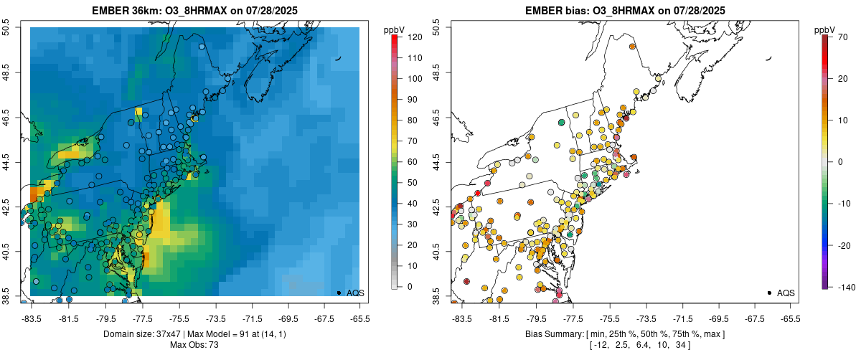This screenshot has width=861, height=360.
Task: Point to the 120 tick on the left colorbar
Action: (414, 37)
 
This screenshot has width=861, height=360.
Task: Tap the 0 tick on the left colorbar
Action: (410, 287)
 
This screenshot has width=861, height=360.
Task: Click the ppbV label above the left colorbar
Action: (394, 29)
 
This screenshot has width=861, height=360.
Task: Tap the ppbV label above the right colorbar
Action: (824, 29)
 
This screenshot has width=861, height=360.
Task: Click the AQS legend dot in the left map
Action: (338, 293)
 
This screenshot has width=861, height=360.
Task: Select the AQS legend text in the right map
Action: (786, 293)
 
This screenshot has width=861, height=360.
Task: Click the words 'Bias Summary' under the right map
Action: (552, 334)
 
